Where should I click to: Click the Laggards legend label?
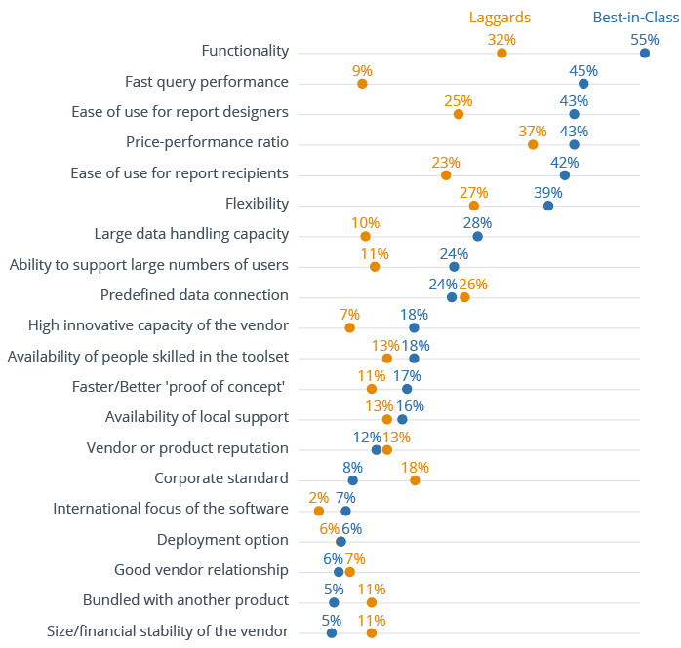point(500,17)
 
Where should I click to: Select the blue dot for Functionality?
point(645,53)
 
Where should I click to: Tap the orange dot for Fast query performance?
point(362,84)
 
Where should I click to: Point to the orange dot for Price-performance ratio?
point(533,144)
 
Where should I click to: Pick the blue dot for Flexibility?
point(548,206)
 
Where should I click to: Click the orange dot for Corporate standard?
point(415,480)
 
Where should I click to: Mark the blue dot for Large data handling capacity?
point(477,236)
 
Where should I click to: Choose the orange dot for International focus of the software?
point(318,511)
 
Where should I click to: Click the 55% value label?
point(645,40)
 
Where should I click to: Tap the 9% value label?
point(362,71)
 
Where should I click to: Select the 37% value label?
point(533,132)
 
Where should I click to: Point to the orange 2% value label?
point(318,498)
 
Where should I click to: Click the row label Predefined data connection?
point(194,295)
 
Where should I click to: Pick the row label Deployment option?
point(222,540)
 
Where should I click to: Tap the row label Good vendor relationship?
point(201,570)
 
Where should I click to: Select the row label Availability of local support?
point(197,417)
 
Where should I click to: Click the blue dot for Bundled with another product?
point(334,602)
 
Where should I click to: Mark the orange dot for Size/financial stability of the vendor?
point(372,633)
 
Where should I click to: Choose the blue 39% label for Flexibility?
point(548,193)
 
